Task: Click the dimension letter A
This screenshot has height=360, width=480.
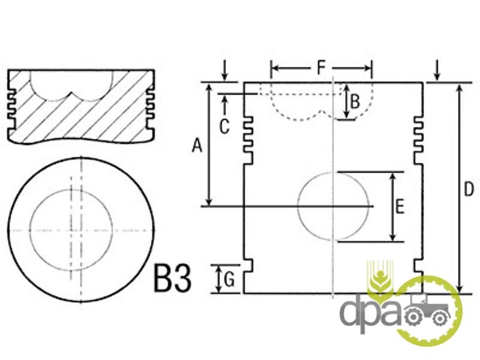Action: [x=197, y=145]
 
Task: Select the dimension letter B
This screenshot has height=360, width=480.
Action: [x=355, y=101]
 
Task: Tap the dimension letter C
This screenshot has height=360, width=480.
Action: [x=224, y=127]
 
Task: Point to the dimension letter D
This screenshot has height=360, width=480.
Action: [x=469, y=189]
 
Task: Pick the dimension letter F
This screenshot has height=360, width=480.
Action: [x=320, y=68]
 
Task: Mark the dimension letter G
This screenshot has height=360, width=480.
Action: [x=229, y=279]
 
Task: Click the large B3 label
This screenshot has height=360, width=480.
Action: [x=173, y=278]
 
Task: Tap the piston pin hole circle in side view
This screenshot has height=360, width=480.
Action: [x=298, y=206]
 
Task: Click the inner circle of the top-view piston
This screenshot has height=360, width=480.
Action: [x=29, y=230]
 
